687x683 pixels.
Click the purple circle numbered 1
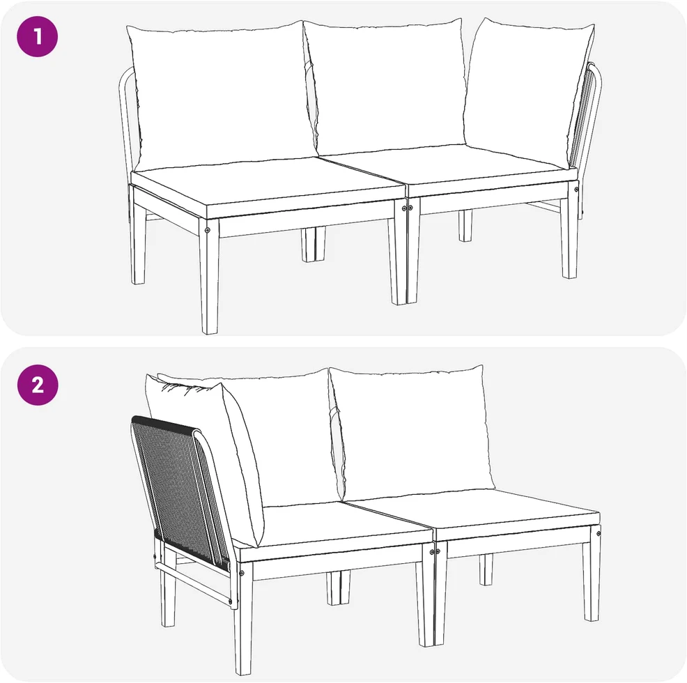37,36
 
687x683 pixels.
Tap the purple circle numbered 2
37,385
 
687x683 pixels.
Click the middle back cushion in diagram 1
385,84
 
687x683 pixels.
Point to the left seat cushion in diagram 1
268,186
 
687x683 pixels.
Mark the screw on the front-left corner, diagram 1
208,230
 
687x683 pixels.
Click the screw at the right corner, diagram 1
576,190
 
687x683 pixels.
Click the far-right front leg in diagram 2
592,574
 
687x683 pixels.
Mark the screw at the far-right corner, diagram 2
599,533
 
